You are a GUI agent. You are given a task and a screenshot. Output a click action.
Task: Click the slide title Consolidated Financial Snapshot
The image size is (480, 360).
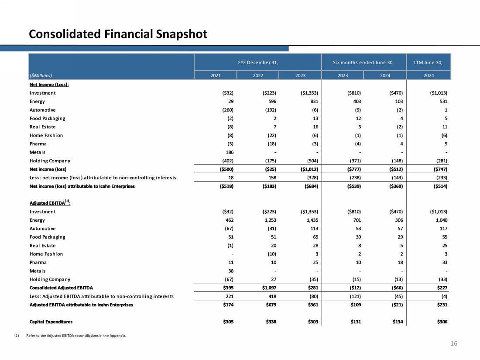click(118, 34)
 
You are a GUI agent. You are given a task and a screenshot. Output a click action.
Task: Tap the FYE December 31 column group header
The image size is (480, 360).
click(258, 62)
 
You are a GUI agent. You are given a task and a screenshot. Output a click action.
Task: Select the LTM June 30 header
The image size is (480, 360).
click(429, 62)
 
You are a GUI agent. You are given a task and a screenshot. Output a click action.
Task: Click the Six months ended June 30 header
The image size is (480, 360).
click(363, 62)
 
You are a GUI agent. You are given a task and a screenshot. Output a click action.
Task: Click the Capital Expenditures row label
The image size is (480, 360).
click(51, 322)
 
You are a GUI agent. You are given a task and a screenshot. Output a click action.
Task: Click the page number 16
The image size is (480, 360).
click(454, 344)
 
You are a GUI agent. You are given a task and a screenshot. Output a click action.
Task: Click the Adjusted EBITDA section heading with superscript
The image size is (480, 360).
click(50, 203)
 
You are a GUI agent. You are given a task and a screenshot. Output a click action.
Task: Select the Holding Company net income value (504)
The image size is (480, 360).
click(311, 161)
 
